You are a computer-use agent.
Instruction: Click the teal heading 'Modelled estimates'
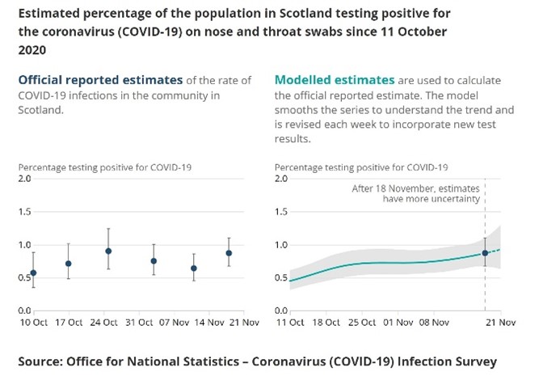(x=335, y=80)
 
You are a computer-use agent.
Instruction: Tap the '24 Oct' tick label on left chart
(x=105, y=323)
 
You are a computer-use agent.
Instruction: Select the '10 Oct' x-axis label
(x=32, y=323)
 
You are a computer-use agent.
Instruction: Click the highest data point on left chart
(x=108, y=251)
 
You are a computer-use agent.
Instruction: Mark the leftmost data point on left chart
(x=33, y=272)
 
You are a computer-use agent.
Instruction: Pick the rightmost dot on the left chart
(x=229, y=253)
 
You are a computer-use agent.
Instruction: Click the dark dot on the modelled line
(x=485, y=253)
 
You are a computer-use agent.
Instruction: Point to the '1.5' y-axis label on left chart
(x=25, y=212)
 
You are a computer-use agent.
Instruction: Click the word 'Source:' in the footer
(x=46, y=360)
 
